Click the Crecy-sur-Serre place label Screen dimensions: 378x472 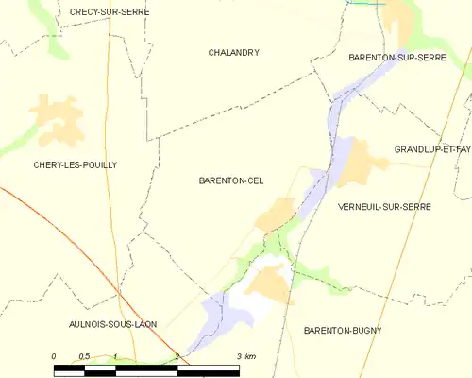point(110,11)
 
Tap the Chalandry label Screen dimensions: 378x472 point(234,53)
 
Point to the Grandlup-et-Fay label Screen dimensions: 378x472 point(432,149)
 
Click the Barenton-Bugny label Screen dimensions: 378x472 point(343,331)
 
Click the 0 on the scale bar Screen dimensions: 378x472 point(54,356)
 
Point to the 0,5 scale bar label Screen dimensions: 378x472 point(84,356)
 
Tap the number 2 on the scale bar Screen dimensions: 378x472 point(177,356)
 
